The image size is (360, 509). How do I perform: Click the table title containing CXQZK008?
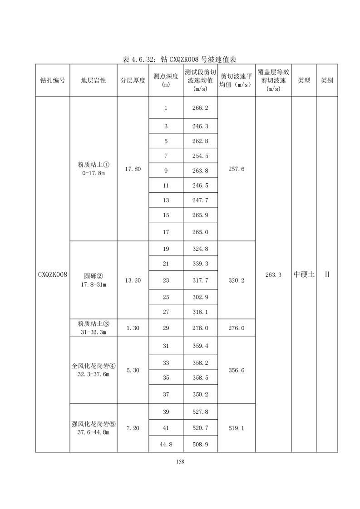(180, 59)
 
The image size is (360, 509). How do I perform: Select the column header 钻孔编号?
(52, 80)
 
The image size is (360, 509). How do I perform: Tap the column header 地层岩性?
(94, 80)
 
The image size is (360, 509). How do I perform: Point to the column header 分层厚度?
(133, 80)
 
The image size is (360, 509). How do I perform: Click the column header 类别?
(327, 80)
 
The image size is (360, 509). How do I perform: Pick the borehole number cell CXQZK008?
(53, 274)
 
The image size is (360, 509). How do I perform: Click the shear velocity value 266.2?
(200, 108)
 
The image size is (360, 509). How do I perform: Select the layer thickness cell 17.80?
(133, 169)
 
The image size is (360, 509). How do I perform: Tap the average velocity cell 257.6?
(236, 169)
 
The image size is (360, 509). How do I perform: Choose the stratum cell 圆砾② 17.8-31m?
(94, 280)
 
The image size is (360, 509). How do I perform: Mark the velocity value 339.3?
(200, 264)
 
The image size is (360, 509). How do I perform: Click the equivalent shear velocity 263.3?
(273, 274)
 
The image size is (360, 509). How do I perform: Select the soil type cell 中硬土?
(304, 274)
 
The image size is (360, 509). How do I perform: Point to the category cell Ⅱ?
(327, 274)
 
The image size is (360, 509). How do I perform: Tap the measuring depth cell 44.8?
(166, 445)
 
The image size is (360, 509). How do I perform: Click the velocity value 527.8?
(200, 411)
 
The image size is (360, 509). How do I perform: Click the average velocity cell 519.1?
(236, 428)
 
